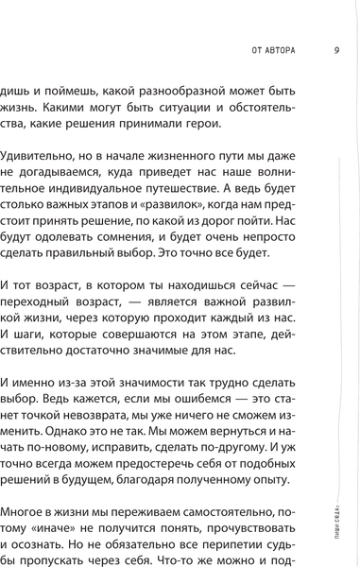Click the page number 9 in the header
pyautogui.click(x=336, y=51)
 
